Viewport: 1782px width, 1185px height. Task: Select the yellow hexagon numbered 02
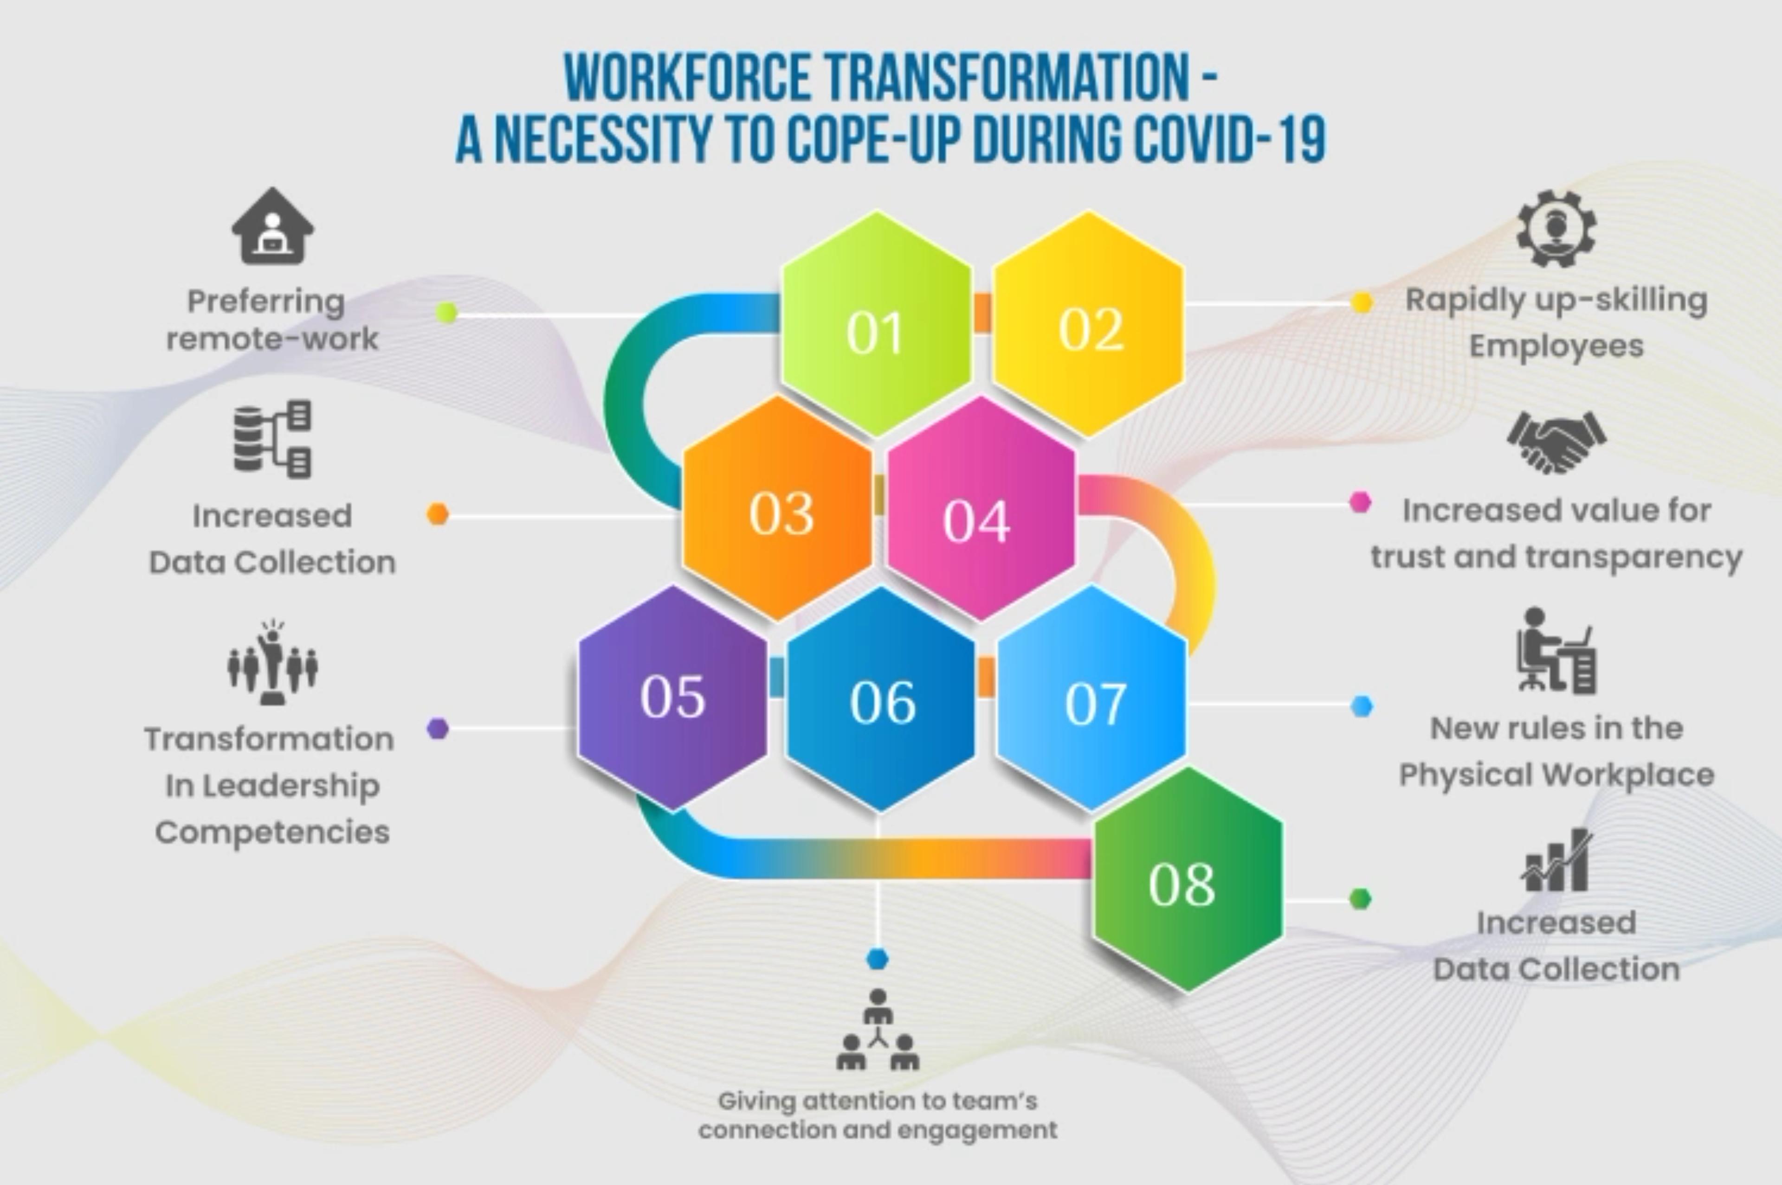(1089, 323)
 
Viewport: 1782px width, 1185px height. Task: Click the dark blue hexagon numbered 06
(881, 699)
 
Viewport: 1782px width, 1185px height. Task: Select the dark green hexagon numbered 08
(1187, 880)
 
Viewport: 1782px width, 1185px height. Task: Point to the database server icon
(272, 438)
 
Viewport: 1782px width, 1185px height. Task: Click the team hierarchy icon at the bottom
(877, 1031)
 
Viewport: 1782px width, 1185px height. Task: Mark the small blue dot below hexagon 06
(877, 958)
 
